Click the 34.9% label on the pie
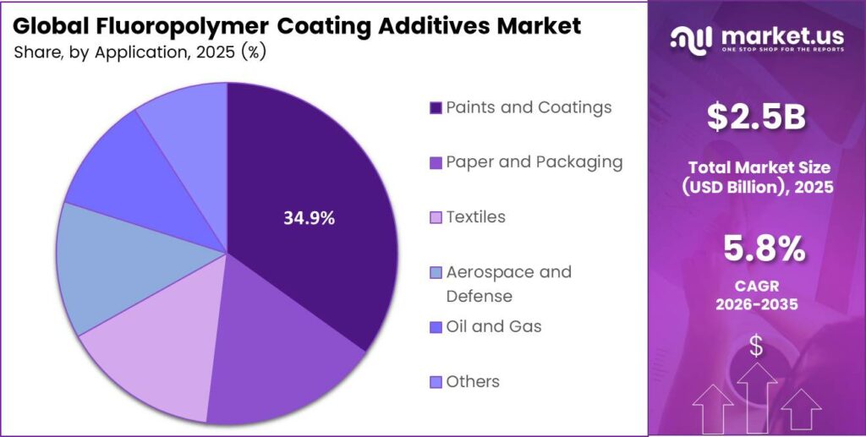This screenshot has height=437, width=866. click(309, 218)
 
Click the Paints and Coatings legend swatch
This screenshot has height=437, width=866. click(436, 108)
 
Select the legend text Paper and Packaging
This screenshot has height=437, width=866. click(534, 162)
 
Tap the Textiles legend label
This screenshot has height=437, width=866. click(475, 217)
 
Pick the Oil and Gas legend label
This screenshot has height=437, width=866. click(493, 326)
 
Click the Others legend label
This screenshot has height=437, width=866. click(472, 381)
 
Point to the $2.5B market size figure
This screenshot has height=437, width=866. click(756, 118)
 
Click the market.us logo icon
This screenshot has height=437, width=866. click(691, 39)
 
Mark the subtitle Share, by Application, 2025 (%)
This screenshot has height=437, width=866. click(140, 52)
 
